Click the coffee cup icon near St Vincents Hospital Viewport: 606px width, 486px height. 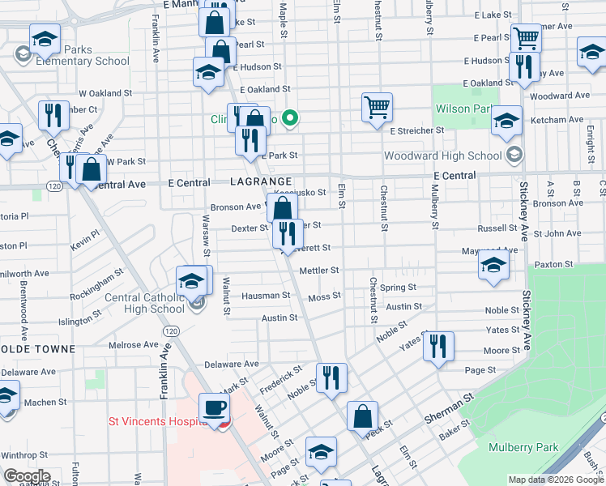click(x=215, y=407)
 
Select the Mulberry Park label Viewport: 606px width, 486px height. click(x=524, y=447)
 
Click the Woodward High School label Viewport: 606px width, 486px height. click(x=454, y=156)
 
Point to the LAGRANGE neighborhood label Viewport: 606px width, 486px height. click(x=254, y=183)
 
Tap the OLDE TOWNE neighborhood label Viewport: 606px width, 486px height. click(x=37, y=349)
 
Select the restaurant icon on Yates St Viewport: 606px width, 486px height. click(x=437, y=346)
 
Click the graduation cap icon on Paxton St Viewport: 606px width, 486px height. click(x=493, y=265)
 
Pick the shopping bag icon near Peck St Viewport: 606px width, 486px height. click(x=362, y=416)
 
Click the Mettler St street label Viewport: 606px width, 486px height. click(x=318, y=271)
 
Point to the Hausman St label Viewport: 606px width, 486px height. click(x=264, y=296)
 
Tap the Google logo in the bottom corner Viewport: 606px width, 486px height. click(x=27, y=476)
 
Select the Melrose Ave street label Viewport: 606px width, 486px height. click(x=134, y=345)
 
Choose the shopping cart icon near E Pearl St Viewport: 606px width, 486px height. click(x=526, y=37)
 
